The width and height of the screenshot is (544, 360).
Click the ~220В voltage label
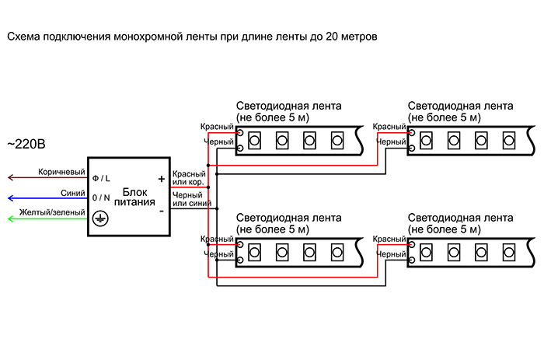point(26,145)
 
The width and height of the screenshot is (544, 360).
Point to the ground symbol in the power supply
point(99,220)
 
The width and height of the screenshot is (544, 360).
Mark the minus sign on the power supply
point(161,210)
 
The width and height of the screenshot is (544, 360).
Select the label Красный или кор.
point(189,178)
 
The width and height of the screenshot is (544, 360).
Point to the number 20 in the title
point(330,37)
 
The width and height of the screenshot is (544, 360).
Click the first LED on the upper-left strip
point(253,140)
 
